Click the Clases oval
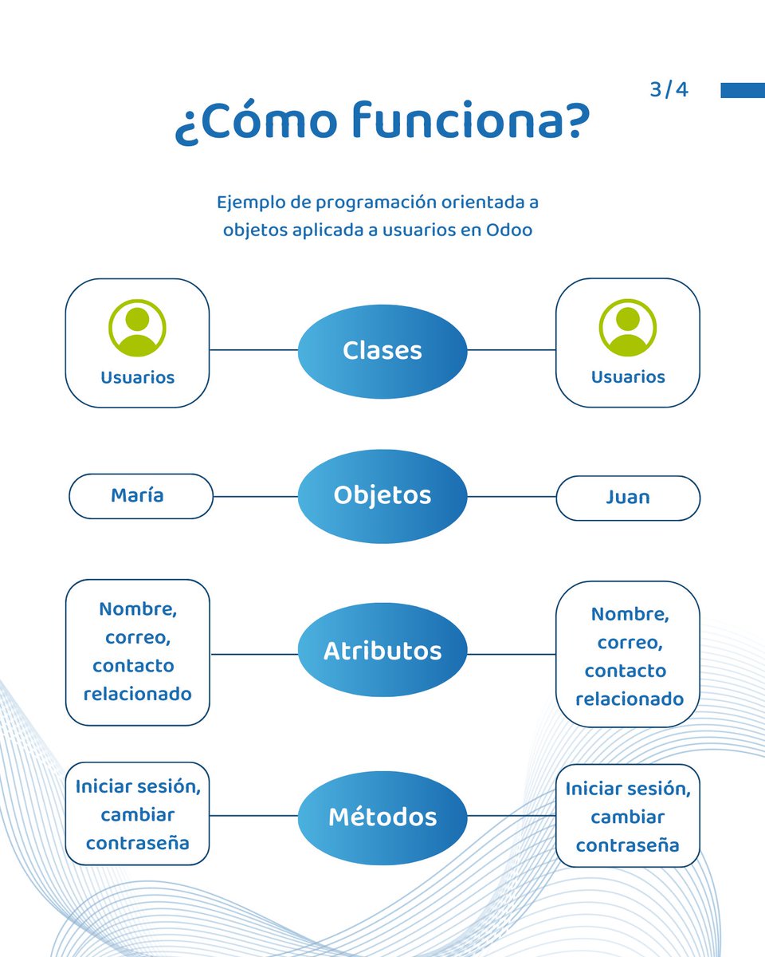[382, 351]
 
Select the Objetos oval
[382, 495]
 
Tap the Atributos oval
[382, 651]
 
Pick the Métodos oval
[382, 817]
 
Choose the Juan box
[628, 498]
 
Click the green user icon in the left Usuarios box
[137, 328]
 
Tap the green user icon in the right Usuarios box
[628, 328]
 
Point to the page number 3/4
[669, 90]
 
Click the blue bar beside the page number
[742, 90]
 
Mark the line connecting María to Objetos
[255, 496]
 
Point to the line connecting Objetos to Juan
[511, 496]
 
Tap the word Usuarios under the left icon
[137, 377]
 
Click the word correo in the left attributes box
[137, 638]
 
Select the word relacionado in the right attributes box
[630, 699]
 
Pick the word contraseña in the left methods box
[137, 843]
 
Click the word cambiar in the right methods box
[628, 817]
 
